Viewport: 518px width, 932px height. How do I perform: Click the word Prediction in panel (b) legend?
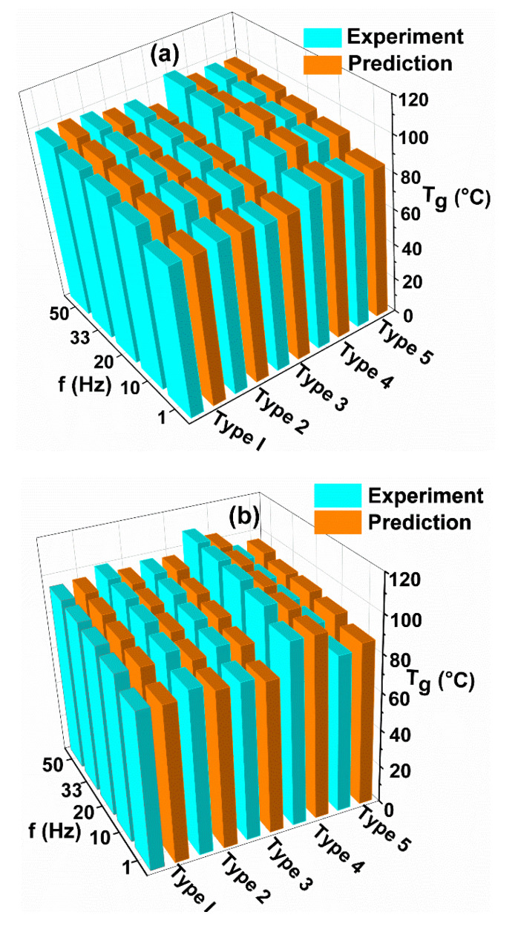click(x=419, y=522)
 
